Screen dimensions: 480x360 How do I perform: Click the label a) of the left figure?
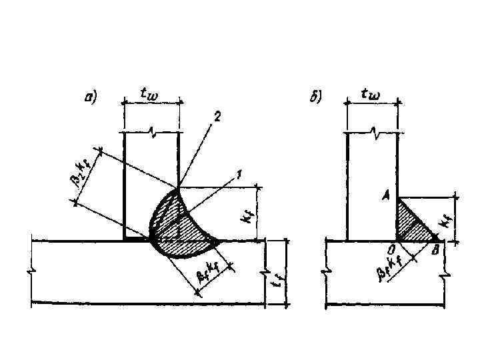91,98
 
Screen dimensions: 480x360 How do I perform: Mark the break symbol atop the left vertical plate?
151,134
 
